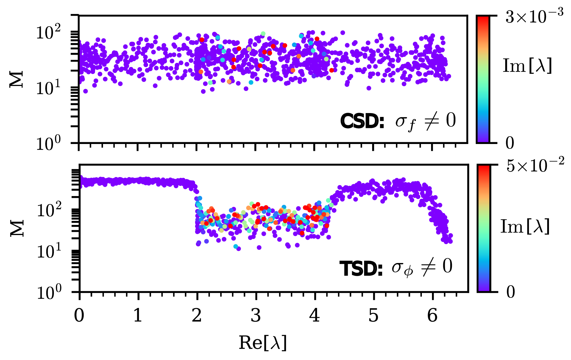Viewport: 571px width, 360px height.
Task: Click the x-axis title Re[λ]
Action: [263, 343]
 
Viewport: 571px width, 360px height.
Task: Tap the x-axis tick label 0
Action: [79, 316]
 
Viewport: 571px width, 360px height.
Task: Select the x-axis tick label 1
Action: [138, 316]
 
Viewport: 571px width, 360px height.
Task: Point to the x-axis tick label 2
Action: [197, 316]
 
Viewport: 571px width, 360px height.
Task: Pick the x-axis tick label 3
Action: [256, 316]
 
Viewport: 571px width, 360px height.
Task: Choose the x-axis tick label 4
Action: [314, 316]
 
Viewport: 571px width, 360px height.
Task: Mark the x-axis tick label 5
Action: [373, 316]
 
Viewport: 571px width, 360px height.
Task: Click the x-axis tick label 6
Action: [432, 316]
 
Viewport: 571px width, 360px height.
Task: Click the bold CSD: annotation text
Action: [362, 121]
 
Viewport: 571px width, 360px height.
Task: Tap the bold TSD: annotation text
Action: [361, 269]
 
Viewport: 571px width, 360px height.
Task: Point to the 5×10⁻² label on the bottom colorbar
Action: [535, 166]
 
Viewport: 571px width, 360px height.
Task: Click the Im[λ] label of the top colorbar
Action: [527, 66]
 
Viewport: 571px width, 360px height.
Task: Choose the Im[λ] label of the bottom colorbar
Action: [525, 227]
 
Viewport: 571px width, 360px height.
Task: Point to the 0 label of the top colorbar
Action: [510, 143]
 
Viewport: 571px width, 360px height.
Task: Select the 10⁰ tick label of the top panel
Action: [48, 144]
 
